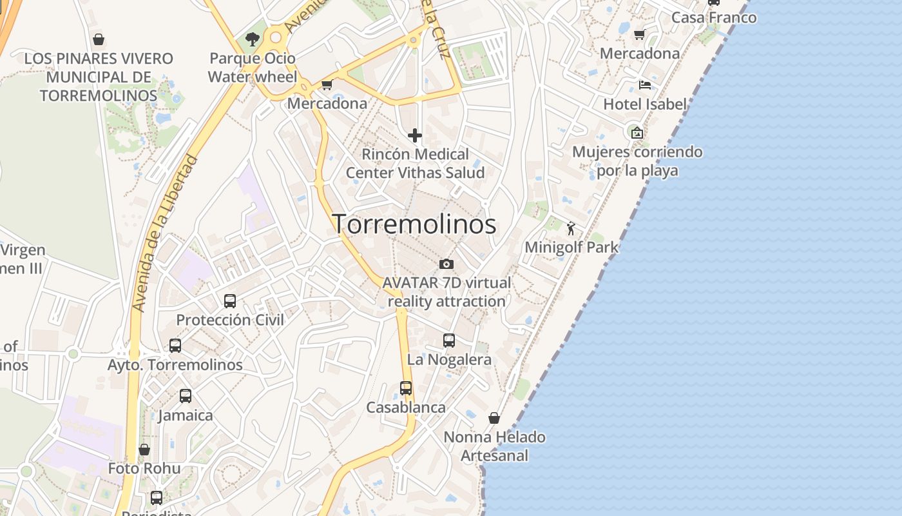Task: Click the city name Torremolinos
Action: coord(414,224)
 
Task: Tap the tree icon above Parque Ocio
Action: coord(252,39)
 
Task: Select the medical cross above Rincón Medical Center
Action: coord(415,135)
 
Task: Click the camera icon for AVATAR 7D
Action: coord(446,264)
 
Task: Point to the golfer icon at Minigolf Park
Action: coord(571,228)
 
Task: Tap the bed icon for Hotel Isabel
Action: coord(644,84)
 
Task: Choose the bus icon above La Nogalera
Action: coord(449,341)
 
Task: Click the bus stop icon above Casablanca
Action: coord(406,388)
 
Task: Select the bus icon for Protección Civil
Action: coord(230,301)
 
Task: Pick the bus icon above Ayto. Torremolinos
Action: coord(175,346)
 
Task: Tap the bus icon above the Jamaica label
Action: coord(186,396)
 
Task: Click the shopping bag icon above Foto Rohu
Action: coord(144,449)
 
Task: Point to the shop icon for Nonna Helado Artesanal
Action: coord(494,418)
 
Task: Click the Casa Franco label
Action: coord(714,17)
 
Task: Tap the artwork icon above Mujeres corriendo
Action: coord(637,133)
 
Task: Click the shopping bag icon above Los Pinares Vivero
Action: coord(99,39)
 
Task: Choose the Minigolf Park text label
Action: coord(571,247)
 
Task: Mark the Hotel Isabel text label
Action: coord(645,104)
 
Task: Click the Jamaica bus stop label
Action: coord(186,415)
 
